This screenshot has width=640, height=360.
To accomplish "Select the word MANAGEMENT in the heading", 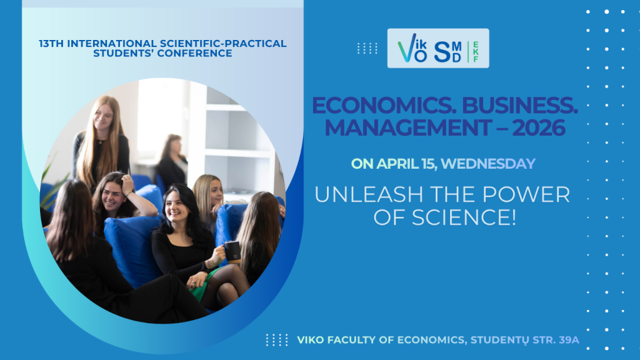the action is (409, 127).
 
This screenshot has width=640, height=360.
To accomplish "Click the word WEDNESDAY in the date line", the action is (488, 164).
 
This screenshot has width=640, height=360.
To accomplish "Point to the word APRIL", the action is (397, 164).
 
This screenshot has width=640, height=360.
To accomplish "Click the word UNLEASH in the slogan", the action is (369, 194).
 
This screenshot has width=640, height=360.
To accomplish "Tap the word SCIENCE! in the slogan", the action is (464, 217).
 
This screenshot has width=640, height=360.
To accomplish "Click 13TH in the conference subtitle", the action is (51, 44).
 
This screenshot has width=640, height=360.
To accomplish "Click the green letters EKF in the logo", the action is (476, 52).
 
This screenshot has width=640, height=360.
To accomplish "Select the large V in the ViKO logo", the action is (406, 48).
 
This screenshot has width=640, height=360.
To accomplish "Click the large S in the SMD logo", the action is (442, 52).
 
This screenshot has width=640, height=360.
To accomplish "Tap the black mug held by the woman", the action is (232, 252).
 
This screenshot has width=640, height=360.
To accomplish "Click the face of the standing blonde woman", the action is (103, 116).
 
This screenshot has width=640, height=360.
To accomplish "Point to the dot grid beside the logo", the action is (367, 49).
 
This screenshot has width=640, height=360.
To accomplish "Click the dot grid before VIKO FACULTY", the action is (277, 340).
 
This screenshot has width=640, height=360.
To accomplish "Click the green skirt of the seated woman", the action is (203, 284).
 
